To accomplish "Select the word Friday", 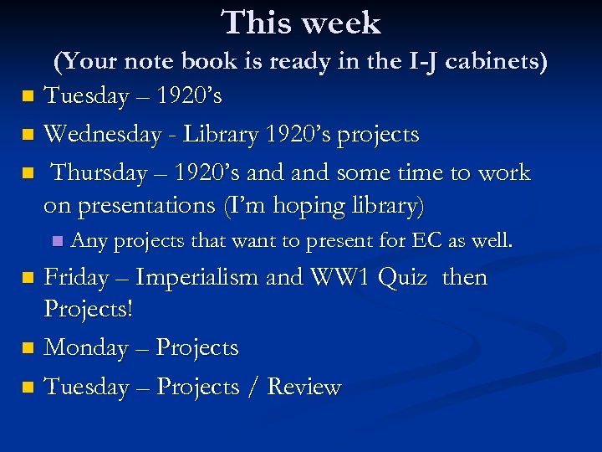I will [79, 276].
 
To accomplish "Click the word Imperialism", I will [197, 276].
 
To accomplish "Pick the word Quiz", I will [402, 276].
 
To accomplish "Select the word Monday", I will [86, 347].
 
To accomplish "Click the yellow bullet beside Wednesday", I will [28, 134].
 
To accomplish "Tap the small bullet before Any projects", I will [56, 241].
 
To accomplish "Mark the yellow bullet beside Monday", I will [28, 347].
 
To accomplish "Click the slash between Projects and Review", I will [251, 387].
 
